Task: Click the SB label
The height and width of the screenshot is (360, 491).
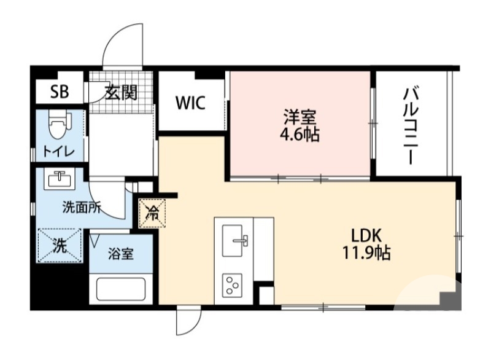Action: [60, 93]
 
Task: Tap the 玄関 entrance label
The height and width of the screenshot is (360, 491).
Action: [121, 93]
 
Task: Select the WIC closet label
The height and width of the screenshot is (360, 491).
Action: [191, 103]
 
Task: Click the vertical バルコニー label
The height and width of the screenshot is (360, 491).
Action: [411, 125]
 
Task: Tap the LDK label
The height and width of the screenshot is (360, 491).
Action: [367, 234]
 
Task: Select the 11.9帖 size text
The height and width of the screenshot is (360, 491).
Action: [367, 252]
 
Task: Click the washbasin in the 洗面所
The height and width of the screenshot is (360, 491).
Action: [60, 180]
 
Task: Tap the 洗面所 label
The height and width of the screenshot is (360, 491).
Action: [82, 208]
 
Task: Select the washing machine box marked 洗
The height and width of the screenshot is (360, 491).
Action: [60, 246]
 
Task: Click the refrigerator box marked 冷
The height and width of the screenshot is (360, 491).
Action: [152, 214]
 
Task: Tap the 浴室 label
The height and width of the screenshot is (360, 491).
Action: [120, 254]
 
